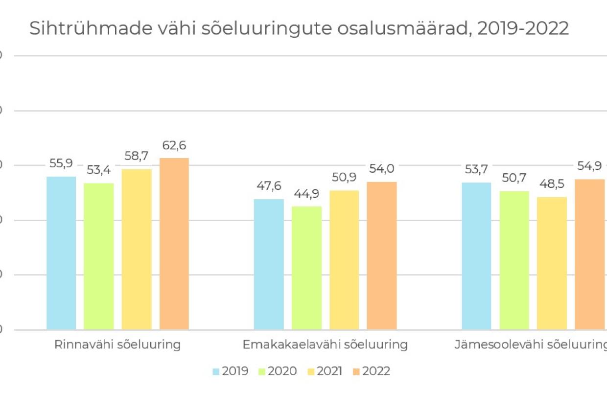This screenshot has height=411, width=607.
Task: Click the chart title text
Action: [299, 29]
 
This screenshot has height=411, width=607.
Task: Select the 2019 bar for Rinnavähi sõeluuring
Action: [61, 252]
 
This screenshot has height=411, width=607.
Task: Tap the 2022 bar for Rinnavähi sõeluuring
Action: [174, 243]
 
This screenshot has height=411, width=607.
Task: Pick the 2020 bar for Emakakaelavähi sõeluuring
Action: [306, 268]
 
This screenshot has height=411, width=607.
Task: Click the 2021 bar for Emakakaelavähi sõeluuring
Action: [344, 260]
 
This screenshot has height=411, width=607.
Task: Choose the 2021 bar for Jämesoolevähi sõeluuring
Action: [552, 263]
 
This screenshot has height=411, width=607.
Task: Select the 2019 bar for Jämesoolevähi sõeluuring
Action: [476, 256]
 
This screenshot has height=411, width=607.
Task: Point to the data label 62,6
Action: [174, 146]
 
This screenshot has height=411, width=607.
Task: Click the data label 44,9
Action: [306, 194]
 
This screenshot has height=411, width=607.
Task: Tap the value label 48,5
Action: [552, 185]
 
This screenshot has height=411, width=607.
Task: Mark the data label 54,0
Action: [382, 169]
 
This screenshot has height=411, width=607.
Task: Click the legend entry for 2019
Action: [231, 371]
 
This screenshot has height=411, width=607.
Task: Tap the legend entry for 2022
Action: [372, 371]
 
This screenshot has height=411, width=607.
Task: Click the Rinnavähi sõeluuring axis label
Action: [117, 344]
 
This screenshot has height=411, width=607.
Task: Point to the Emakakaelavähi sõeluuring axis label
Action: [325, 344]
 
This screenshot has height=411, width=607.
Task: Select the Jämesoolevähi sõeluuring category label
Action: [531, 344]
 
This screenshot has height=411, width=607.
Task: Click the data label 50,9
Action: [344, 178]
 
